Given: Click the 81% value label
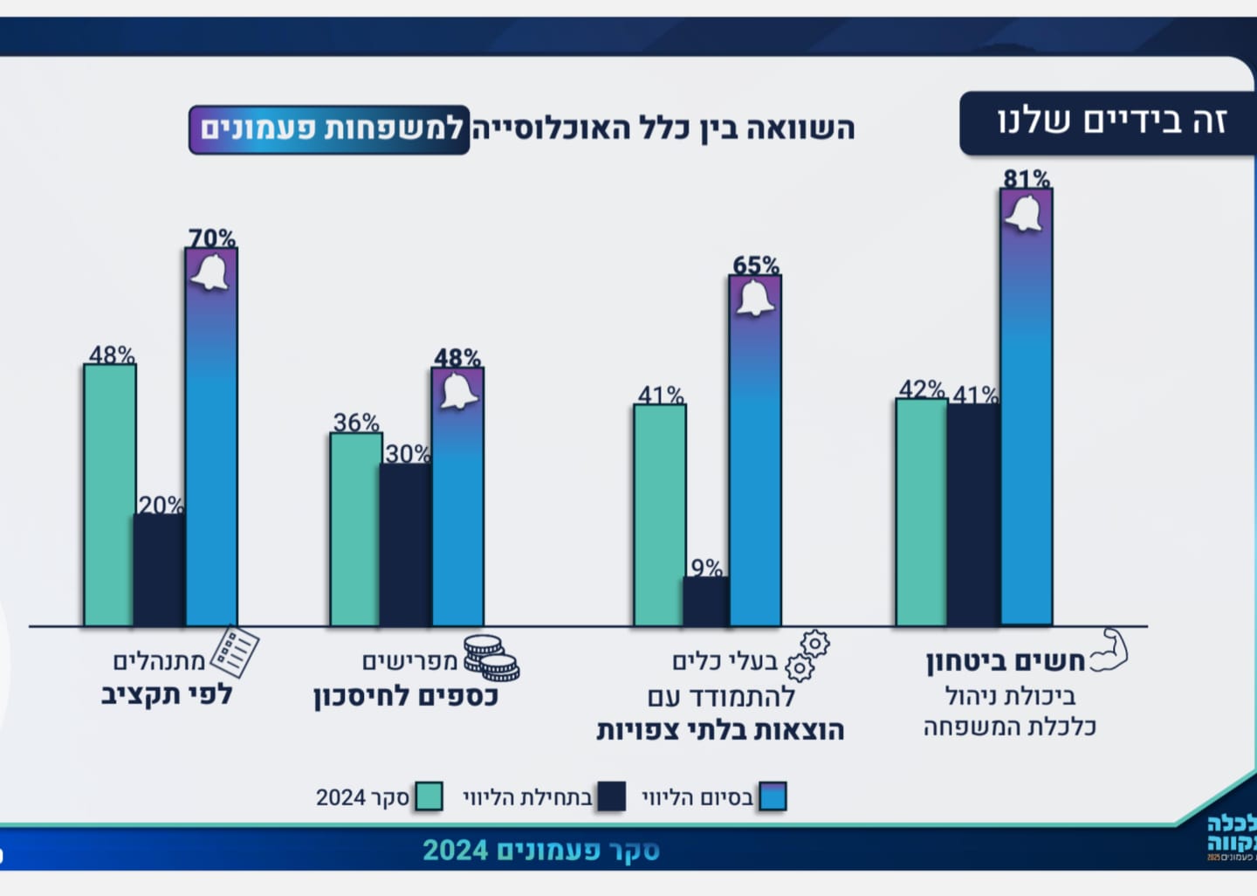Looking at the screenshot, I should (x=1027, y=178).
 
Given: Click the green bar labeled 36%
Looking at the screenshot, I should (x=355, y=529).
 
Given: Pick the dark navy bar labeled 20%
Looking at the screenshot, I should (x=159, y=569).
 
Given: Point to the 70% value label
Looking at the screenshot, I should (x=212, y=238).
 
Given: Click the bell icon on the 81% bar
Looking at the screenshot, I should (x=1026, y=214).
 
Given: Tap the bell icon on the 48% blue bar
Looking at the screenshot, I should (x=458, y=391).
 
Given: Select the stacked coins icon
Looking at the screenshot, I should (x=491, y=658).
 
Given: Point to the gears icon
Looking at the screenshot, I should (x=807, y=655).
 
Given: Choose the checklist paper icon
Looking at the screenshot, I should (x=235, y=651).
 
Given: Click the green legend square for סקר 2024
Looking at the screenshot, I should (x=429, y=796).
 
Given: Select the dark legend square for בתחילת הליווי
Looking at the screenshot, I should (x=611, y=796).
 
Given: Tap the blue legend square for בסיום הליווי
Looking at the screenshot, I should (x=773, y=796).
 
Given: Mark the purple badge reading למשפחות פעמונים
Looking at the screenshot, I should (x=329, y=129).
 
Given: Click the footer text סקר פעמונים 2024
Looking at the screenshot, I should (x=540, y=850).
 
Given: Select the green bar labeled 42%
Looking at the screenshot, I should (x=922, y=513).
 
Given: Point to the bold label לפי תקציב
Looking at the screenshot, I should (x=167, y=694).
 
